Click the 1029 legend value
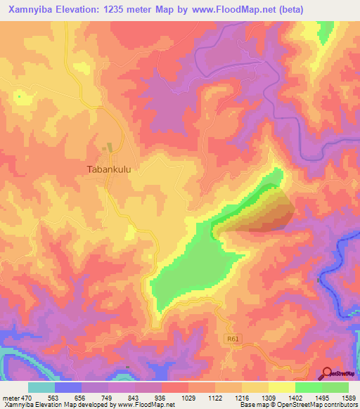coord(188,398)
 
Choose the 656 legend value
coord(82,398)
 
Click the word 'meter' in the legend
coord(12,398)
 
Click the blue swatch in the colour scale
coord(68,387)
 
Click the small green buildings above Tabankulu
coord(108,149)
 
